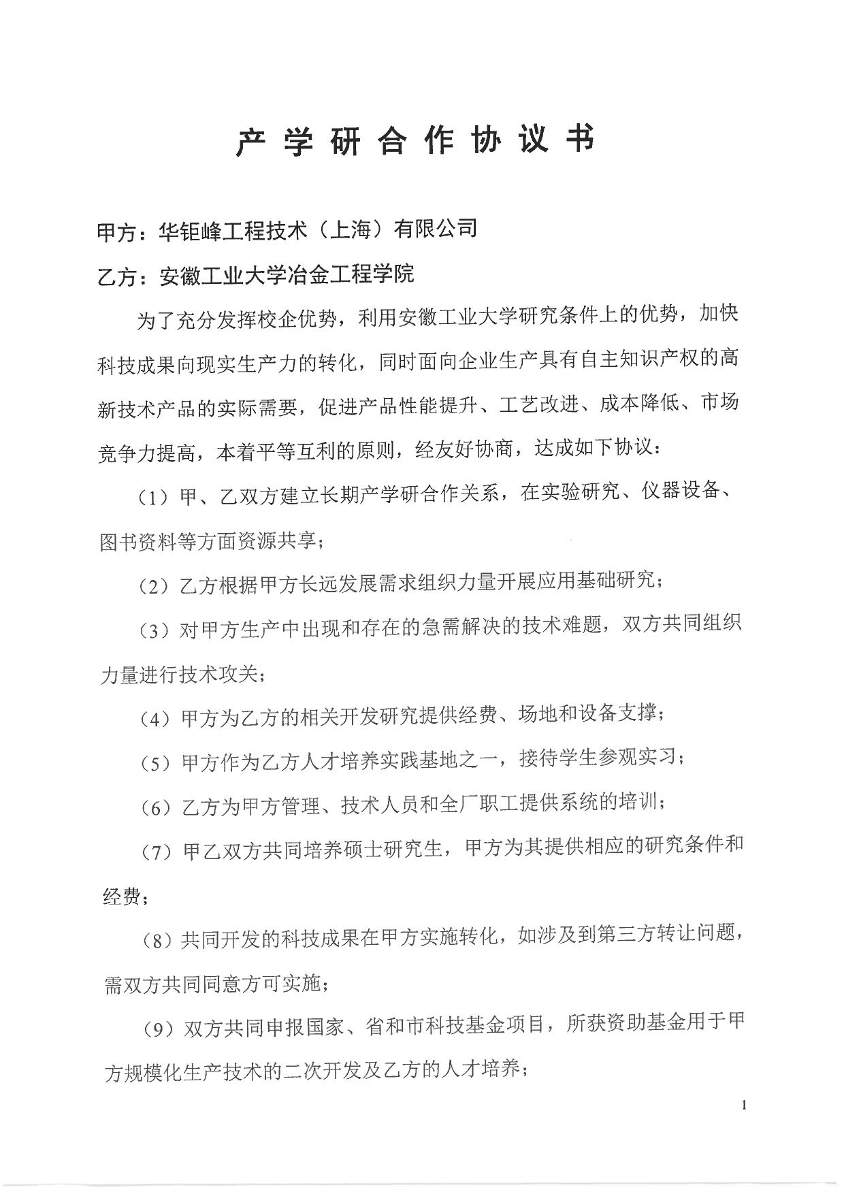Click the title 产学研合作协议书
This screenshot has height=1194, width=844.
tap(415, 140)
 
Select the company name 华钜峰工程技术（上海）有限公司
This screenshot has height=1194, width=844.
tap(317, 229)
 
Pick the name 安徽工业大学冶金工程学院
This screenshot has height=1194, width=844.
tap(286, 274)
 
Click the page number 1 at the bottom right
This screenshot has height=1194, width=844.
tap(744, 1106)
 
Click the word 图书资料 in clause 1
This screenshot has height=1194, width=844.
tap(140, 541)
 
